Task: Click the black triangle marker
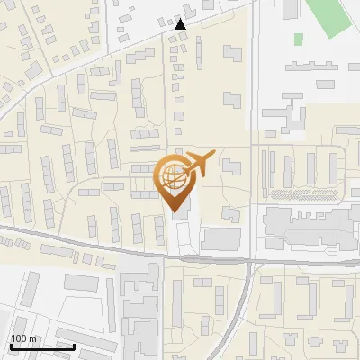182,25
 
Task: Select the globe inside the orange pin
174,175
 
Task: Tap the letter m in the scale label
32,339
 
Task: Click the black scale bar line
41,346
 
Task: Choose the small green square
298,39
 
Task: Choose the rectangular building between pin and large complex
221,238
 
